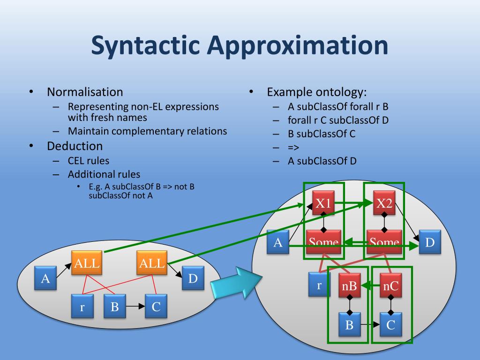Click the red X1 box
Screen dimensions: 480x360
(323, 202)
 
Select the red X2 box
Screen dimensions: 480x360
(384, 202)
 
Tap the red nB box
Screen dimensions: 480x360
(350, 285)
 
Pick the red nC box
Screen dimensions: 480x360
(390, 285)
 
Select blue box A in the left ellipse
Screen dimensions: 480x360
(45, 278)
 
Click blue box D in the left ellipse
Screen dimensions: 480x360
(193, 278)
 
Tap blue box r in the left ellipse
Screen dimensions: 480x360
(82, 306)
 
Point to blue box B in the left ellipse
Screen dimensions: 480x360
(114, 306)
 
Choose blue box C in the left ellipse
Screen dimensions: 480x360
(156, 306)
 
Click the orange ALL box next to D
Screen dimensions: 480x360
(152, 262)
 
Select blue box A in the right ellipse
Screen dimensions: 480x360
(277, 242)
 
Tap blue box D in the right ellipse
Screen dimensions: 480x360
(430, 242)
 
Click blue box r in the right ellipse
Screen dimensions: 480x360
(319, 285)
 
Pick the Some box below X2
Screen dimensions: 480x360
(384, 242)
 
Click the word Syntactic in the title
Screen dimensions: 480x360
(145, 45)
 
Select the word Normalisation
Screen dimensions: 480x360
(85, 92)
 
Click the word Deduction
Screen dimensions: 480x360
(75, 146)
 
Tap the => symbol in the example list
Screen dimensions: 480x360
(293, 148)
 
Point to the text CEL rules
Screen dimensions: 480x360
(89, 161)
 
